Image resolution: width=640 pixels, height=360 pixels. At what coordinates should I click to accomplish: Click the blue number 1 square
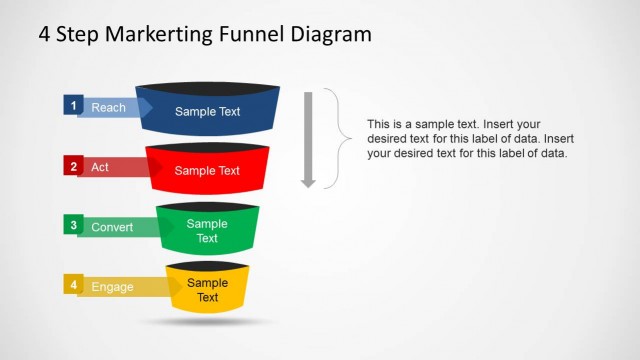click(x=72, y=105)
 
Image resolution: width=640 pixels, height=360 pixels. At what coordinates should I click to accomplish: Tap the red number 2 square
click(x=72, y=166)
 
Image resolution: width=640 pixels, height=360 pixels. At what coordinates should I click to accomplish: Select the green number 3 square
click(x=72, y=225)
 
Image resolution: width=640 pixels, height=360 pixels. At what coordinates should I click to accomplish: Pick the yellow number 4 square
click(x=72, y=284)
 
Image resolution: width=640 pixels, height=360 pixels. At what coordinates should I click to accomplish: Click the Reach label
click(x=108, y=107)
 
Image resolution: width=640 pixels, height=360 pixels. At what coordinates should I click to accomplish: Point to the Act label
click(x=100, y=167)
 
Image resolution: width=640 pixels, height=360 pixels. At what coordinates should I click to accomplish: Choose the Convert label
click(x=112, y=227)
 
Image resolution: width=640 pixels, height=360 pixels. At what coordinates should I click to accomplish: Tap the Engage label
click(x=112, y=287)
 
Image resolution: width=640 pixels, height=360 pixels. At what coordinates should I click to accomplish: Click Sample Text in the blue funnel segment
click(x=207, y=111)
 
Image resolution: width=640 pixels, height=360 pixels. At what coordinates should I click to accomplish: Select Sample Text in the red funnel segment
click(x=207, y=171)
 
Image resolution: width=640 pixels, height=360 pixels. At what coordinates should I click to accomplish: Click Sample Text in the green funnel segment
click(x=207, y=231)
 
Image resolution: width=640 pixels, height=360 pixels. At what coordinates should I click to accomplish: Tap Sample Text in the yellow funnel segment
click(x=207, y=290)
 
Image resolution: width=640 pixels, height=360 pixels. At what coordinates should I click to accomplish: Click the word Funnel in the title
click(x=251, y=34)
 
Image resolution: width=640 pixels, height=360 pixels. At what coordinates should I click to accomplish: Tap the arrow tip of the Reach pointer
click(x=148, y=107)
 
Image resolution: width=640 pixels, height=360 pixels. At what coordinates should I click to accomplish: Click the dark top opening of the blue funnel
click(x=208, y=87)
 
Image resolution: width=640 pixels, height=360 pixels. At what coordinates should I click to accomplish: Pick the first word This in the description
click(x=379, y=123)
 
